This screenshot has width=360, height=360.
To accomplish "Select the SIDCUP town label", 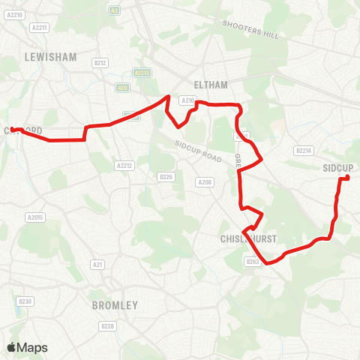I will [337, 167].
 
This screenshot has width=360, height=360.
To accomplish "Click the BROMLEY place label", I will [115, 305].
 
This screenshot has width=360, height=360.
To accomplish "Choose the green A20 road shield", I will [121, 87].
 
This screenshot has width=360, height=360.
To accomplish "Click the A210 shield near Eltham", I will [187, 99].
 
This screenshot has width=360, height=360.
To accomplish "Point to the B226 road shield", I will [166, 177].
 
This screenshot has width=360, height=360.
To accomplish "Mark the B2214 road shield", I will [304, 151].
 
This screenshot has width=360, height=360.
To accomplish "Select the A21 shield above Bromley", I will [97, 265].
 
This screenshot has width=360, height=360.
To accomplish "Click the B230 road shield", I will [26, 301].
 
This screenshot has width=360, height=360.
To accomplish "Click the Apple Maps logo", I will [27, 347].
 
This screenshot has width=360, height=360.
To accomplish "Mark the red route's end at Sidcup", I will [346, 178].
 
